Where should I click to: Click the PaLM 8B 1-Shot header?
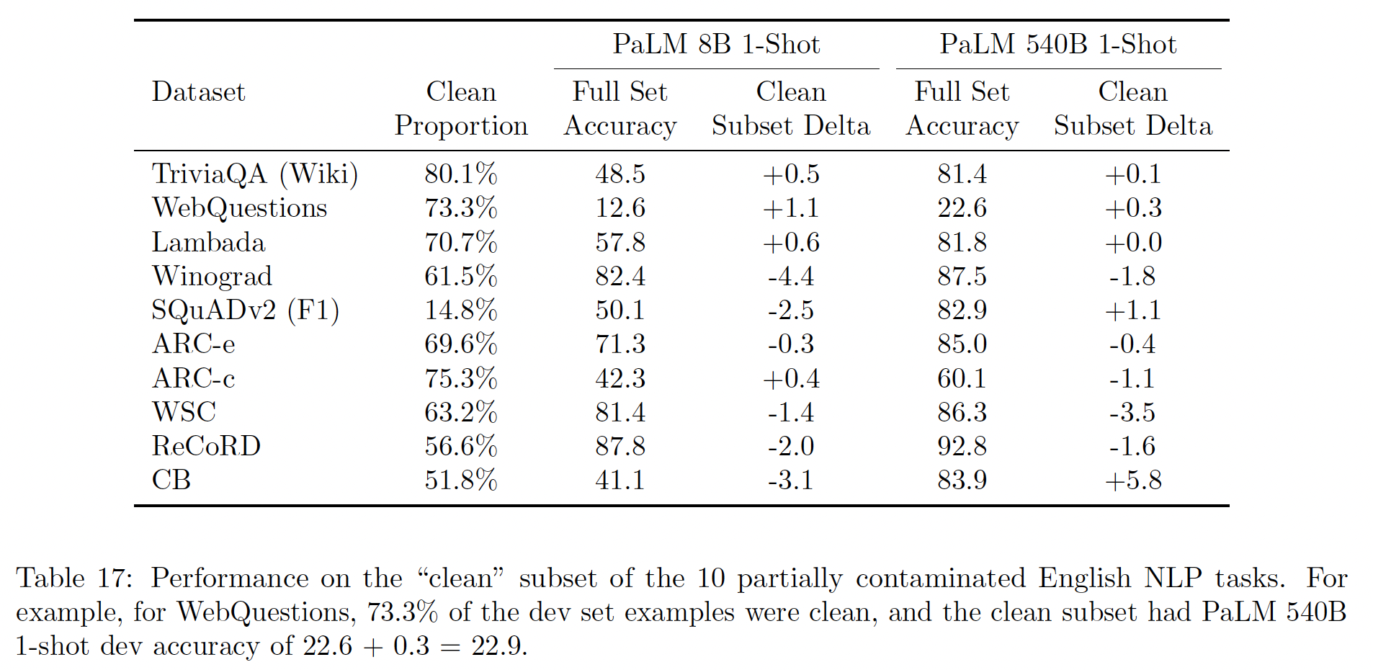click(x=716, y=45)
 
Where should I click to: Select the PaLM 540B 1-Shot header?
click(x=1057, y=45)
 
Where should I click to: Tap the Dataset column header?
click(x=198, y=92)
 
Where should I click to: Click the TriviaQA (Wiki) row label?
click(x=255, y=174)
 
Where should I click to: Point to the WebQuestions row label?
click(x=239, y=208)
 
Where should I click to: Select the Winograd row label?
click(x=212, y=277)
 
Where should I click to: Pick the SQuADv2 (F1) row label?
click(x=245, y=311)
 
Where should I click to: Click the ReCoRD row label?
click(x=206, y=447)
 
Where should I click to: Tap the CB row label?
click(x=171, y=481)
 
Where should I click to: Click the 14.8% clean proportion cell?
click(x=461, y=311)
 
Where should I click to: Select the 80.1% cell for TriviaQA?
click(x=461, y=174)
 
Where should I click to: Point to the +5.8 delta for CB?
click(x=1133, y=481)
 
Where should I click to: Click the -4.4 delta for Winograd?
click(x=791, y=277)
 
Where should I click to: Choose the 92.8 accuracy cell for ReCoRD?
click(x=962, y=447)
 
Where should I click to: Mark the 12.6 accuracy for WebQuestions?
click(x=620, y=208)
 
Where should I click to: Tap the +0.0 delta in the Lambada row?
click(x=1133, y=243)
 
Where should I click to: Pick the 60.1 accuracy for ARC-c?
click(x=962, y=379)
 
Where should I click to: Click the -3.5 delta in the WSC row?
click(x=1133, y=413)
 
